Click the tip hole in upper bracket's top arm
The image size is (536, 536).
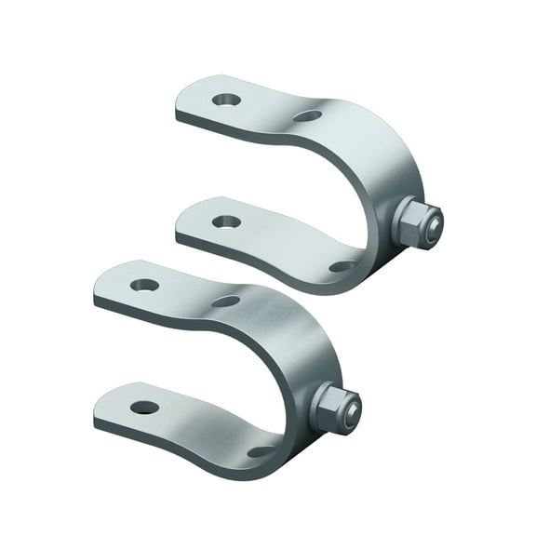point(226,99)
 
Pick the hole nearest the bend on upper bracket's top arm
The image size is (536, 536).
point(307,116)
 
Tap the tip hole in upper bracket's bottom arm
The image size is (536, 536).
point(226,221)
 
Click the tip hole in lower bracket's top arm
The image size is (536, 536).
point(144,285)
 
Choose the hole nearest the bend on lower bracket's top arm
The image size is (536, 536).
point(225,301)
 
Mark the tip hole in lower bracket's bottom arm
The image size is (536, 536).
point(144,408)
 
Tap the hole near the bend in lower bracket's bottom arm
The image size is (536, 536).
point(261,451)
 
